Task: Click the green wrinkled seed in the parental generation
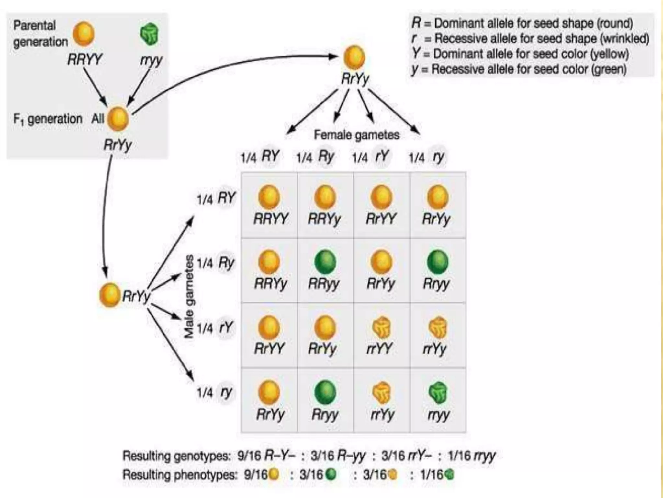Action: pyautogui.click(x=149, y=34)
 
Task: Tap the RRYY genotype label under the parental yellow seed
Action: pyautogui.click(x=84, y=60)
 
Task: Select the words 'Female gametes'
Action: pyautogui.click(x=356, y=135)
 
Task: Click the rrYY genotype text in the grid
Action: pyautogui.click(x=380, y=349)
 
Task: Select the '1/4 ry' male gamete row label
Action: pyautogui.click(x=215, y=393)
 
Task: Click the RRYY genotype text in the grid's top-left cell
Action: pyautogui.click(x=270, y=219)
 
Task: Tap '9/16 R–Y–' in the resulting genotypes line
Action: pyautogui.click(x=266, y=456)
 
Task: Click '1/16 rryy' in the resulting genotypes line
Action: pyautogui.click(x=471, y=456)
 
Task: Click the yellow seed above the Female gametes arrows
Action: pyautogui.click(x=354, y=58)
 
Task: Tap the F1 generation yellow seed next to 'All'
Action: pyautogui.click(x=118, y=119)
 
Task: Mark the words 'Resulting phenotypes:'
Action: pyautogui.click(x=180, y=475)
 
